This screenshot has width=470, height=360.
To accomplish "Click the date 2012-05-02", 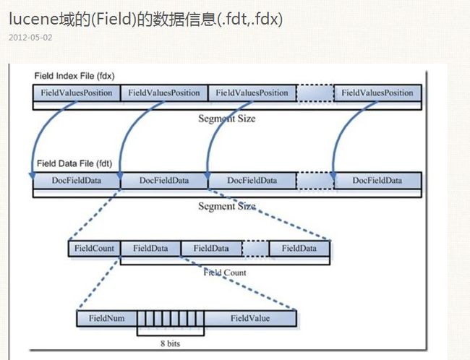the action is click(30, 38).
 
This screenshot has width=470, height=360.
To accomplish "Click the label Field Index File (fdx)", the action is click(74, 76).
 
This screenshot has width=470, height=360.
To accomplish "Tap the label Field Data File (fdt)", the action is click(74, 163).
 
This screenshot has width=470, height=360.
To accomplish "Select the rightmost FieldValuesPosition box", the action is click(377, 93).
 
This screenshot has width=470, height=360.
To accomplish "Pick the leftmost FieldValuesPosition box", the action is click(77, 93).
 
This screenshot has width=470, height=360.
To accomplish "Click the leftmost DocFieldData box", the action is click(77, 181).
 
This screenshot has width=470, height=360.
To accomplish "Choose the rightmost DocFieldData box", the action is click(377, 181).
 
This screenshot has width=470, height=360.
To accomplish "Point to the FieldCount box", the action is click(94, 249).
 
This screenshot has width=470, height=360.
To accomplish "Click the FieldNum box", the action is click(107, 318).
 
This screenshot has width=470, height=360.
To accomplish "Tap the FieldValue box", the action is click(250, 318).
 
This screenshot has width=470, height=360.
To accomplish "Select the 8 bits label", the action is click(170, 343).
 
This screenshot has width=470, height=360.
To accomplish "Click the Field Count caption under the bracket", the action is click(225, 273).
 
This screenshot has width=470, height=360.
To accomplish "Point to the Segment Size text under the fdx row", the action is click(227, 119).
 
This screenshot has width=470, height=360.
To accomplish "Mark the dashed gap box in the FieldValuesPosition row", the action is click(315, 93).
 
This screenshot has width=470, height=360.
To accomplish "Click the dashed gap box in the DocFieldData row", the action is click(315, 181).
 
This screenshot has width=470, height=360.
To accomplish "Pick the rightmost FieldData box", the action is click(299, 249).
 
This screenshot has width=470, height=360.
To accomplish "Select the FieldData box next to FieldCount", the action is click(150, 249).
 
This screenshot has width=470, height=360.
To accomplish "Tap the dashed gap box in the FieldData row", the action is click(255, 249).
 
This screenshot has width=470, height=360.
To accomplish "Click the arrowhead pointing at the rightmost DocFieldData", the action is click(333, 176).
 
